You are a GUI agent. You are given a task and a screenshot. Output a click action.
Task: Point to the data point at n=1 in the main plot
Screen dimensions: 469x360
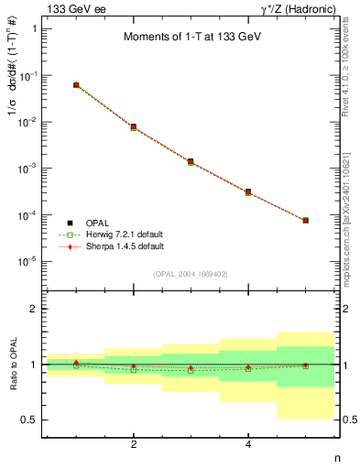[76, 85]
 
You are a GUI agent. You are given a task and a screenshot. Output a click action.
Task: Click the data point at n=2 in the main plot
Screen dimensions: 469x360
[134, 127]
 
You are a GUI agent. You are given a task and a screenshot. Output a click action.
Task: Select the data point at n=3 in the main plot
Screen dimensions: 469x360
[191, 162]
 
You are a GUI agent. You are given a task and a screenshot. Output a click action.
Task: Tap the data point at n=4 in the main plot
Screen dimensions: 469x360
[248, 192]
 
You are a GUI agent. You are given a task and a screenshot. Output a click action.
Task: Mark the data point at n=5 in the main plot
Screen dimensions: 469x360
[305, 221]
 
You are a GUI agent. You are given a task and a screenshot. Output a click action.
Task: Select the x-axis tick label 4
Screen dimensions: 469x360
[248, 444]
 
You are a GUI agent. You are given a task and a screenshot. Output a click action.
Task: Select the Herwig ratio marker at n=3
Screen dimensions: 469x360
[191, 370]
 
